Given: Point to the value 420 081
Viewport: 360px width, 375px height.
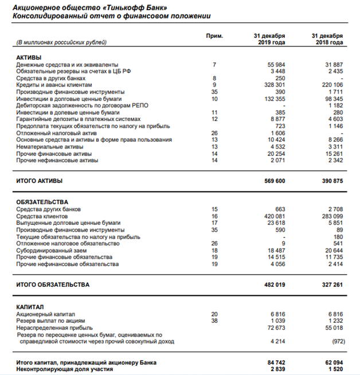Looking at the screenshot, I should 274,216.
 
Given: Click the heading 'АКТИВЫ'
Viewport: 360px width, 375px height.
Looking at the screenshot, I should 29,57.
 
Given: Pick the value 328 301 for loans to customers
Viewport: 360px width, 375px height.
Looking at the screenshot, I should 274,85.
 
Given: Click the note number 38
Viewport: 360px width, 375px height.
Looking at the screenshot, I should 214,321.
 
